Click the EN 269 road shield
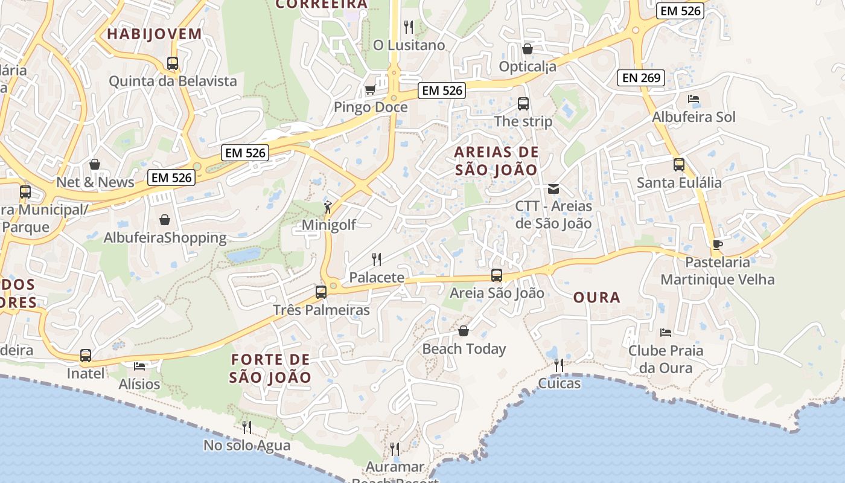point(641,77)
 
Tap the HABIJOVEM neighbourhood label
point(155,34)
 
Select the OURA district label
point(596,297)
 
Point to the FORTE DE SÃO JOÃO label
point(270,368)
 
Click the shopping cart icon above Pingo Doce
point(370,90)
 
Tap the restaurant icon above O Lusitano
point(409,27)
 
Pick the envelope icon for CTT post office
point(553,189)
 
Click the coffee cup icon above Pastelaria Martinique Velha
point(717,245)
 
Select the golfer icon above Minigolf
point(328,207)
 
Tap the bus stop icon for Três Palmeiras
point(321,292)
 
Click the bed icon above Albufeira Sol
point(694,99)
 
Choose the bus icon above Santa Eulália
point(679,164)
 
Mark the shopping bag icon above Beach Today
point(464,331)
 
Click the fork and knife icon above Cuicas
point(559,365)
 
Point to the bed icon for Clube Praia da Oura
point(666,332)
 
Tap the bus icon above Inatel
point(86,356)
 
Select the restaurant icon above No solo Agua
point(246,427)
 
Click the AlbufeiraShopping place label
point(165,238)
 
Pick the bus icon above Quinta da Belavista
point(173,63)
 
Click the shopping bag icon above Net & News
point(95,164)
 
